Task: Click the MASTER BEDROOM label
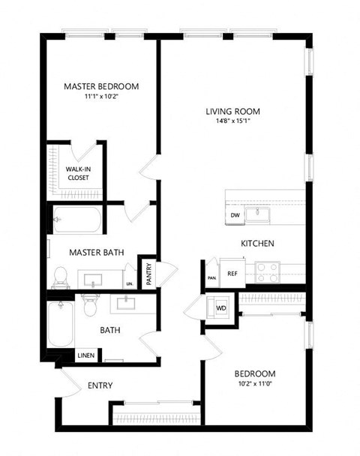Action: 101,86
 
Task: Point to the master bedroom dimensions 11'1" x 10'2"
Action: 101,96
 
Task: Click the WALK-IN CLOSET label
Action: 78,174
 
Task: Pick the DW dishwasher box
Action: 235,215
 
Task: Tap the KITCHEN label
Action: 256,244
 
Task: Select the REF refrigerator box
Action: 232,273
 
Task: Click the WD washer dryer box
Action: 221,308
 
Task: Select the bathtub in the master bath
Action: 76,220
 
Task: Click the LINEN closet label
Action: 85,355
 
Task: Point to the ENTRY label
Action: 100,385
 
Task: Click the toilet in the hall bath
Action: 91,306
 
